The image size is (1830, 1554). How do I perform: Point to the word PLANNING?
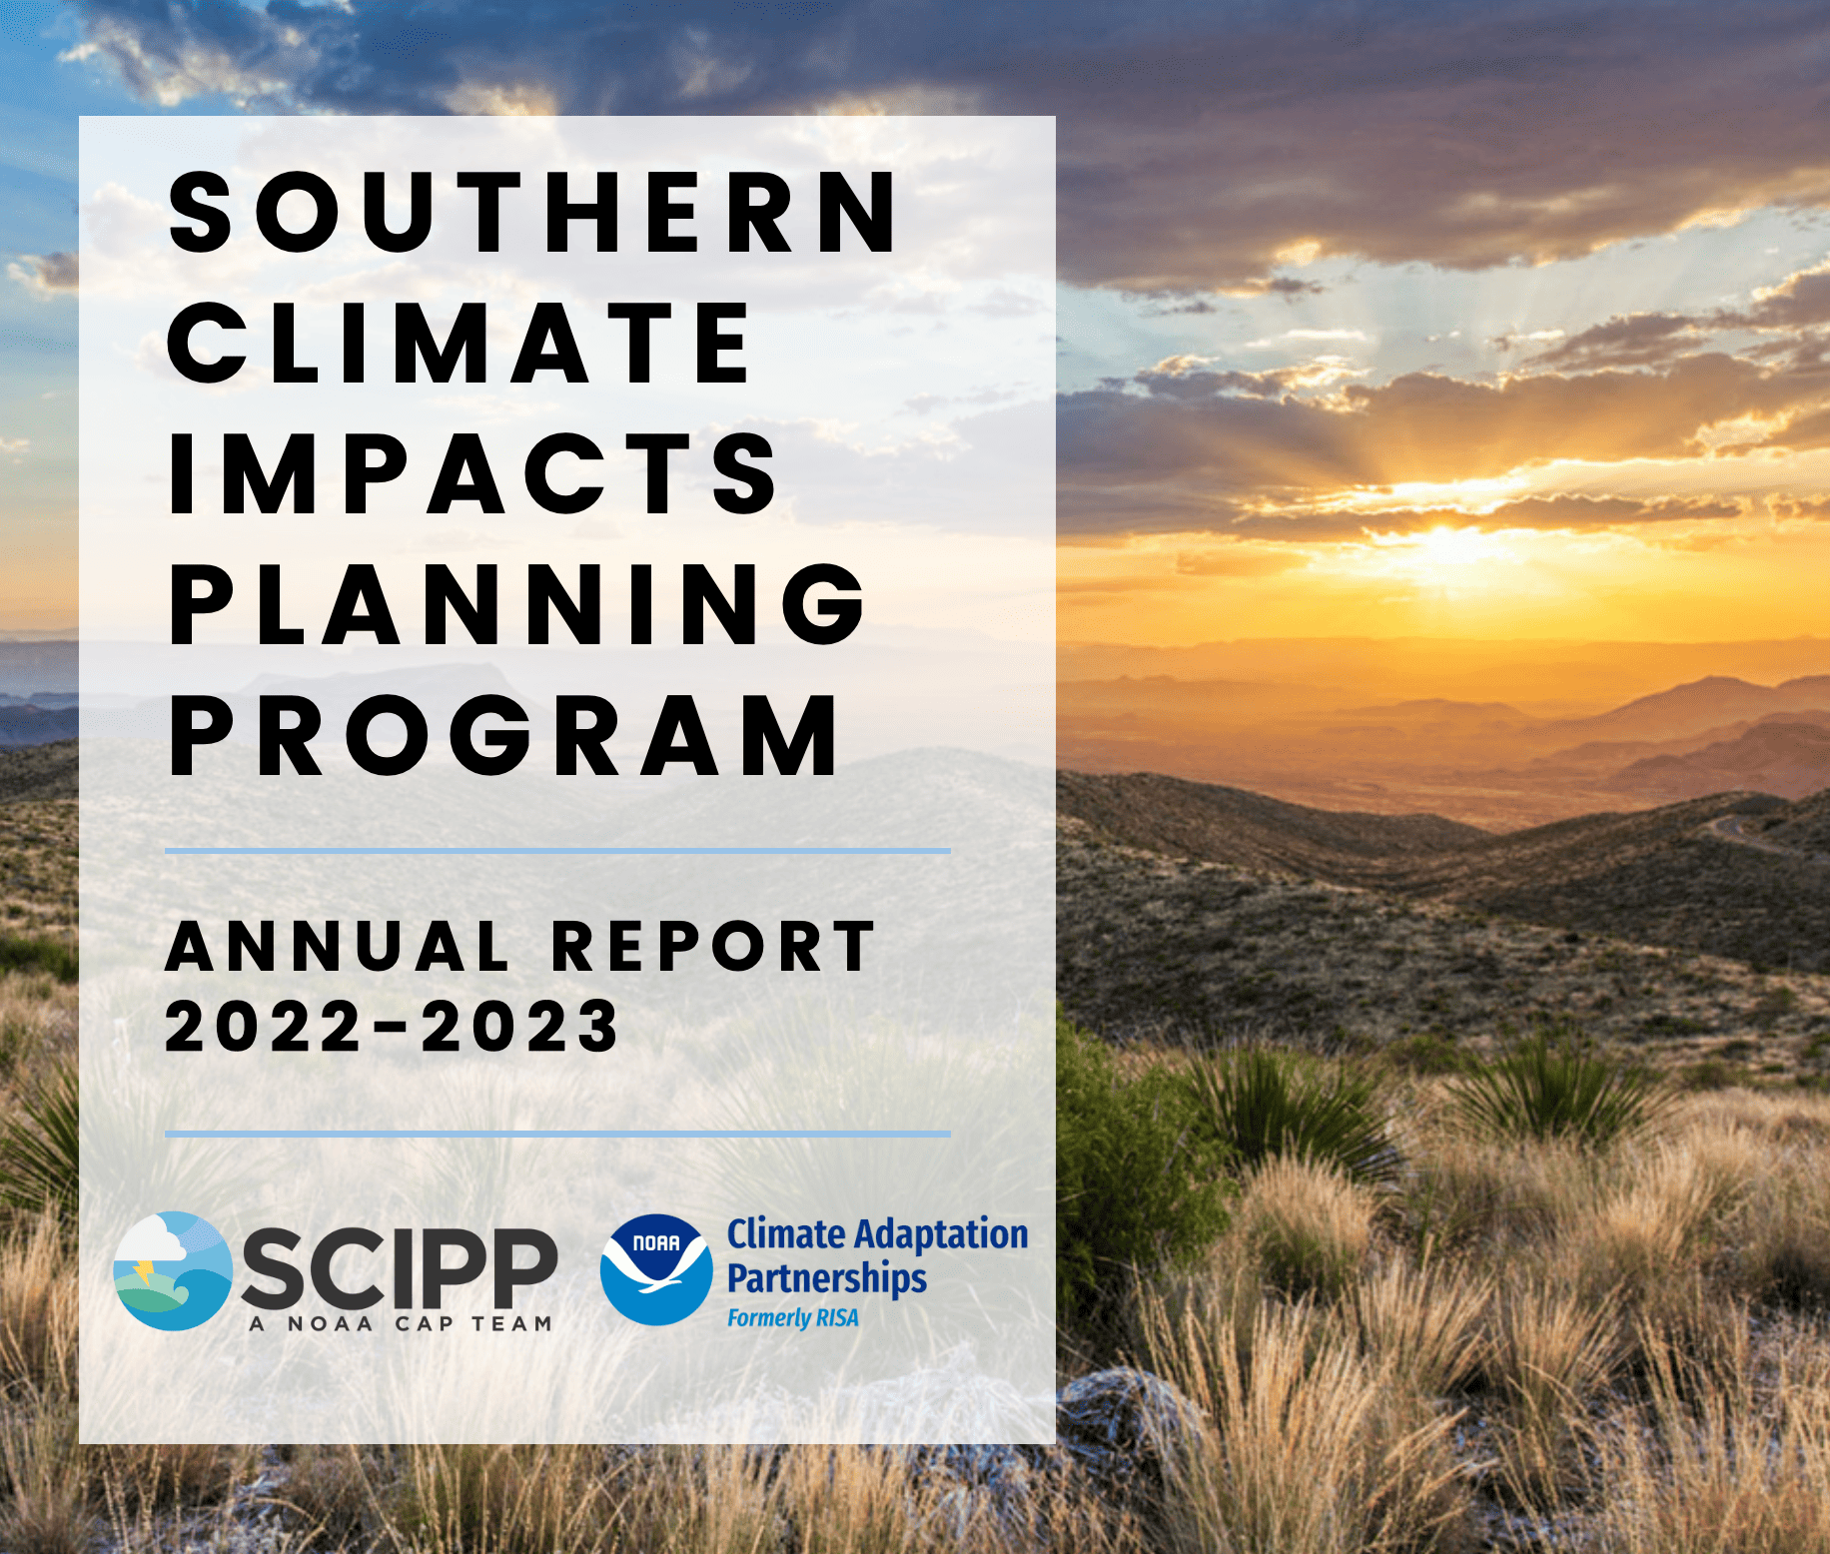click(x=517, y=605)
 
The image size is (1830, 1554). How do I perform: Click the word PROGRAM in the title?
click(x=505, y=736)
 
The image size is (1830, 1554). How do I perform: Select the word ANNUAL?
click(x=338, y=947)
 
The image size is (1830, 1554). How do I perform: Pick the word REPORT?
click(x=713, y=947)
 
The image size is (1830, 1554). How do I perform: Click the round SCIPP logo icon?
click(x=173, y=1270)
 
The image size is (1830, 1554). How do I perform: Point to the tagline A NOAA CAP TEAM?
click(x=401, y=1324)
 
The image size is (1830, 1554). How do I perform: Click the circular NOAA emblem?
click(x=656, y=1269)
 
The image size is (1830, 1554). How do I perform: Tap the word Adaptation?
click(x=941, y=1234)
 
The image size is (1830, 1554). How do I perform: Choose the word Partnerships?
click(x=826, y=1278)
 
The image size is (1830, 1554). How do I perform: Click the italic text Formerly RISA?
click(x=792, y=1318)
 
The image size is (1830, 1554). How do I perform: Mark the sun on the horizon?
click(x=1444, y=540)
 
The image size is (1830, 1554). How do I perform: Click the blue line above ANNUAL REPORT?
click(x=557, y=851)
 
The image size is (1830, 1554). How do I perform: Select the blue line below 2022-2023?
click(x=557, y=1135)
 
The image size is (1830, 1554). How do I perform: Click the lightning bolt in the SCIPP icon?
click(x=144, y=1270)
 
